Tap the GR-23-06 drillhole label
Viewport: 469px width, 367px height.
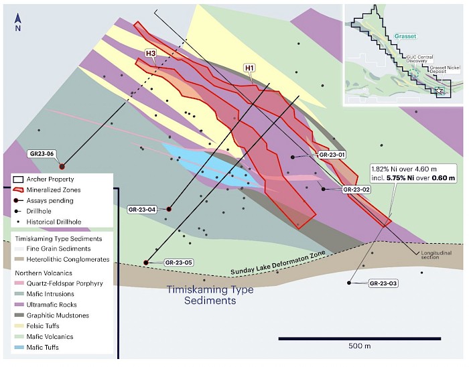click(x=42, y=153)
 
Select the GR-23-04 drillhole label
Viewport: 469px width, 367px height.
click(x=142, y=210)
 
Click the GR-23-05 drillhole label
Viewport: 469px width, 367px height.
click(x=178, y=262)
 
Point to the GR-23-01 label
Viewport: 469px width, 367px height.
click(x=332, y=155)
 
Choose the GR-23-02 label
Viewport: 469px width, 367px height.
click(x=356, y=190)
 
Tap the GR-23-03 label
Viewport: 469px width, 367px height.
click(x=383, y=284)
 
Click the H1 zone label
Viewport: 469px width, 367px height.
click(x=250, y=68)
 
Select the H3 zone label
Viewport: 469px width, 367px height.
click(x=151, y=53)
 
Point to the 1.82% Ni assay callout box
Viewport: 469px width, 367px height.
click(x=413, y=173)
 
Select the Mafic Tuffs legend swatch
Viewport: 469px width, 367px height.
click(x=21, y=348)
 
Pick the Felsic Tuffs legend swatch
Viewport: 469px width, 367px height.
click(x=21, y=326)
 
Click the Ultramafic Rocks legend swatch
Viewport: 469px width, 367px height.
click(x=21, y=305)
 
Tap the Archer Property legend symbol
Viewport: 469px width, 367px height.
click(x=21, y=179)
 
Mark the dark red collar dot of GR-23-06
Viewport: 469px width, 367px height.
click(x=62, y=166)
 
